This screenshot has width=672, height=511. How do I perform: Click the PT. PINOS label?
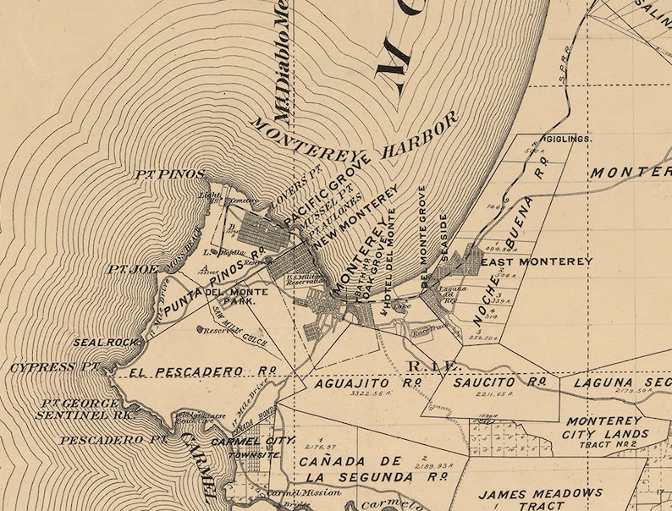pyautogui.click(x=170, y=174)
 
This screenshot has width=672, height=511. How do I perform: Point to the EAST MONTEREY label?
pyautogui.click(x=537, y=262)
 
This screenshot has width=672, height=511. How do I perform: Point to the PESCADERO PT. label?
pyautogui.click(x=99, y=440)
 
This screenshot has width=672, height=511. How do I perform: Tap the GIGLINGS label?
pyautogui.click(x=568, y=138)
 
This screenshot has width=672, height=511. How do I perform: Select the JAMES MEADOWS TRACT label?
pyautogui.click(x=540, y=498)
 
